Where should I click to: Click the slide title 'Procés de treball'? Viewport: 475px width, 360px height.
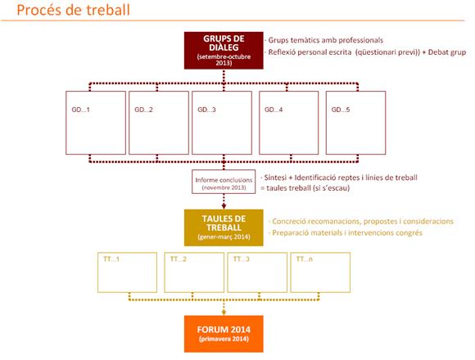pyautogui.click(x=74, y=10)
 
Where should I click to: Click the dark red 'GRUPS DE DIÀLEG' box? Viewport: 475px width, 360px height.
pyautogui.click(x=224, y=51)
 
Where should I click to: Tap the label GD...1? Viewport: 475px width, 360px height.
pyautogui.click(x=80, y=110)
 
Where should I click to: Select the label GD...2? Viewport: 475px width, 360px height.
pyautogui.click(x=143, y=110)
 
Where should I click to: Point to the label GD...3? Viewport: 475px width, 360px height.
pyautogui.click(x=206, y=110)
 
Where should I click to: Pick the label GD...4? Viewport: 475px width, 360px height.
pyautogui.click(x=274, y=110)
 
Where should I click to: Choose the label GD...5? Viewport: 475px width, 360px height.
pyautogui.click(x=341, y=110)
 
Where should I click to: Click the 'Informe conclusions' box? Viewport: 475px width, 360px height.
pyautogui.click(x=224, y=182)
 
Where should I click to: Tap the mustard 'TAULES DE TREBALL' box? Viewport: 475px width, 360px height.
pyautogui.click(x=224, y=227)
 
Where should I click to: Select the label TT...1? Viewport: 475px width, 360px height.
pyautogui.click(x=111, y=259)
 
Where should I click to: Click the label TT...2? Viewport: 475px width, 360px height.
pyautogui.click(x=179, y=259)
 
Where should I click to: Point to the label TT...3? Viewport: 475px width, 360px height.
pyautogui.click(x=242, y=259)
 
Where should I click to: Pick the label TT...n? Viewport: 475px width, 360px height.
pyautogui.click(x=305, y=259)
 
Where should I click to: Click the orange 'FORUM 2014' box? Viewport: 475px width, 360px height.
pyautogui.click(x=224, y=334)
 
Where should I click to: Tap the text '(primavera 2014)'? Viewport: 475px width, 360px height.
pyautogui.click(x=224, y=339)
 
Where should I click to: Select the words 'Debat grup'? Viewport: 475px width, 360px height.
pyautogui.click(x=447, y=52)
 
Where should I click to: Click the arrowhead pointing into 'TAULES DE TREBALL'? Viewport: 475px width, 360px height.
pyautogui.click(x=224, y=207)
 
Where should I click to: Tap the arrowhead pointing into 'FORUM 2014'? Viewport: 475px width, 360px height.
pyautogui.click(x=224, y=313)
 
